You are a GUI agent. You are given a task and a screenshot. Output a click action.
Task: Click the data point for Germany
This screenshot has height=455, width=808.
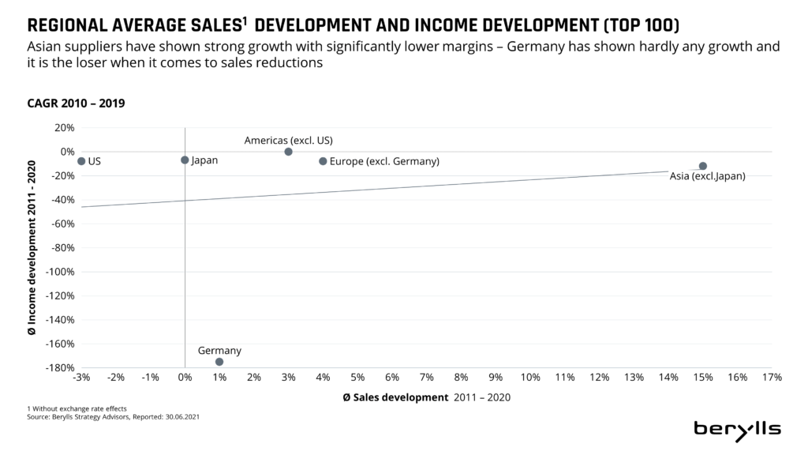[x=219, y=362]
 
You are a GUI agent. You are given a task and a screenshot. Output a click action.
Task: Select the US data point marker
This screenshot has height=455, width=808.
[x=81, y=161]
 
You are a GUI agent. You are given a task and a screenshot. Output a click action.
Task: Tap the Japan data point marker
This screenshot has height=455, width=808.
[x=185, y=160]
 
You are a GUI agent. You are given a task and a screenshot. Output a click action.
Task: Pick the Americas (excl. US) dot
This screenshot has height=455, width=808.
[x=288, y=152]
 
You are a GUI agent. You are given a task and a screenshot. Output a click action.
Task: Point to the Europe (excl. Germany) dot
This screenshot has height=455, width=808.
[x=323, y=161]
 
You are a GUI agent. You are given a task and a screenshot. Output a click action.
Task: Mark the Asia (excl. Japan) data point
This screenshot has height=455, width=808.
[x=703, y=166]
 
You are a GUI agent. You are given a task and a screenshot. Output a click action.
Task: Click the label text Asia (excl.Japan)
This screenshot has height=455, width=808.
[x=707, y=177]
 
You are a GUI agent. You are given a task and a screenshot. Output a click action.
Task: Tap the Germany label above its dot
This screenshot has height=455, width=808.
[x=219, y=351]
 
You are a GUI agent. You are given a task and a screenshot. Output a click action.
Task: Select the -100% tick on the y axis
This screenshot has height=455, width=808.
[x=61, y=272]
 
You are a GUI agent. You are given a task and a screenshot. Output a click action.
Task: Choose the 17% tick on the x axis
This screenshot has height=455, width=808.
[x=772, y=378]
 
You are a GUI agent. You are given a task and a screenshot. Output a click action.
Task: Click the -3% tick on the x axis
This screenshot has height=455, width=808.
[x=81, y=378]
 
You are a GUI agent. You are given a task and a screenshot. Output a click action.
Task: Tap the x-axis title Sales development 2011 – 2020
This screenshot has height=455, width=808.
[x=427, y=397]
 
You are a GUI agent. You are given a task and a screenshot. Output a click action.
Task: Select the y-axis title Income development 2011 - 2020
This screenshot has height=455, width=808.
[x=32, y=246]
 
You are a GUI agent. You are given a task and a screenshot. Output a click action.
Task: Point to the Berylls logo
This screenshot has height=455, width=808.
[x=737, y=429]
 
